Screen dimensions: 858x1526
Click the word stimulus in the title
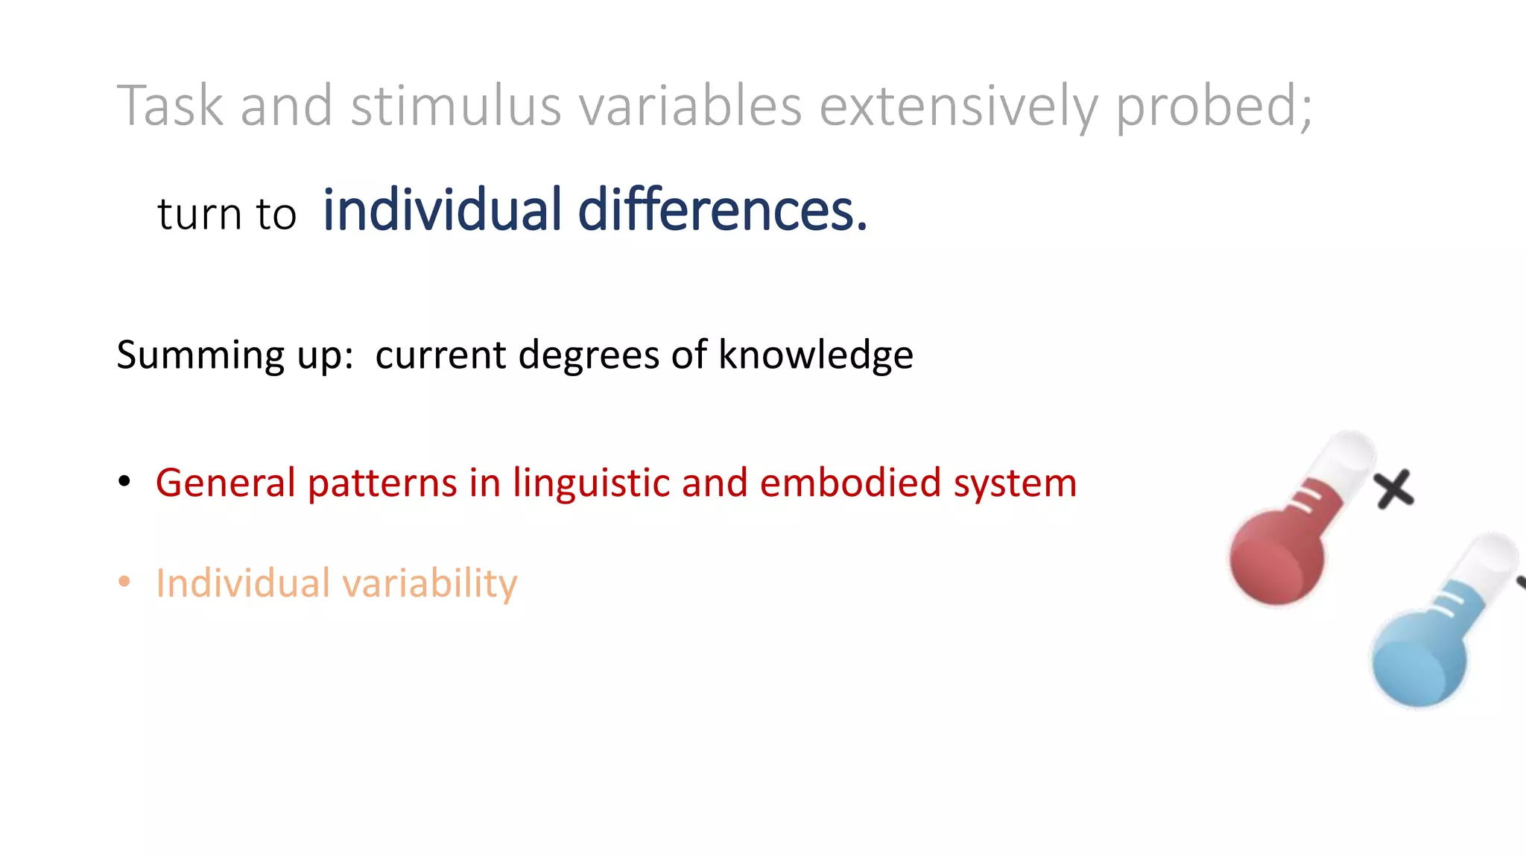456,107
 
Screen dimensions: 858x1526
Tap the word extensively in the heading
958,107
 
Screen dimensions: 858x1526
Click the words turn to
227,214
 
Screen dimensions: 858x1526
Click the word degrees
589,355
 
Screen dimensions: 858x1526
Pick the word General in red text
226,483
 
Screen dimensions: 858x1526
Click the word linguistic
592,483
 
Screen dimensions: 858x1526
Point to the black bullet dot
124,482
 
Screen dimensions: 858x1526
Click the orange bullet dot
124,582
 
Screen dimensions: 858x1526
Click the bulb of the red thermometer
1276,556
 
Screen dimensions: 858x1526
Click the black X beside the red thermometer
1393,489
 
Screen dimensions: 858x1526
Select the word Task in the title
170,107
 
